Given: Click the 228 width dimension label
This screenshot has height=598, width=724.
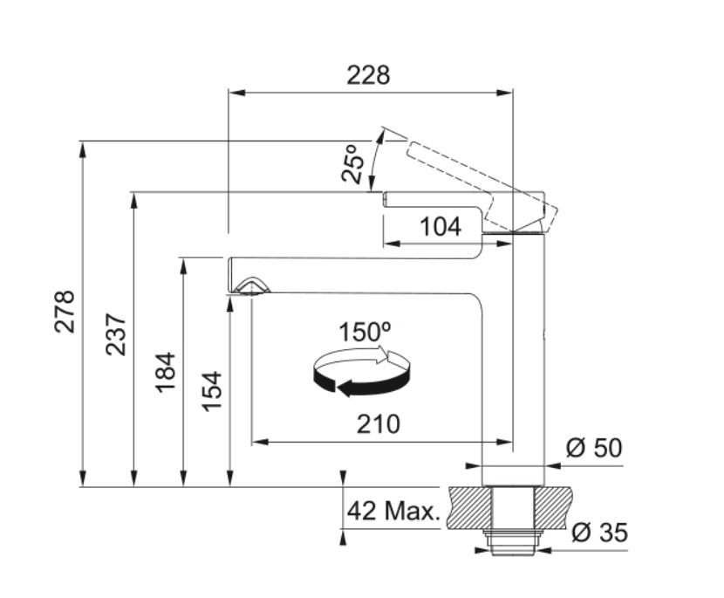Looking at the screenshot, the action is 368,75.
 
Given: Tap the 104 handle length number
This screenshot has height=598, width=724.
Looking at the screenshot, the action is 441,226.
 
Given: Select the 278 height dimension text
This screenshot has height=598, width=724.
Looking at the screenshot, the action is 65,312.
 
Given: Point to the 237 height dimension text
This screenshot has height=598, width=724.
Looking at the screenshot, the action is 115,334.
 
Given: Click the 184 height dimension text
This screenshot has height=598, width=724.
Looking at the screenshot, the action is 166,373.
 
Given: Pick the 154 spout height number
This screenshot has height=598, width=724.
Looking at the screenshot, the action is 212,391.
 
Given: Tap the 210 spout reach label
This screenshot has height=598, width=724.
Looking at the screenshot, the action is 379,424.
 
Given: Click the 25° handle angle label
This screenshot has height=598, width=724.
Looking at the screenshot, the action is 352,163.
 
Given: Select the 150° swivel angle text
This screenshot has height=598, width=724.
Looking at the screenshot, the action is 365,332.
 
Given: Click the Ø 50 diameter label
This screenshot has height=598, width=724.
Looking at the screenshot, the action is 594,448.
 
